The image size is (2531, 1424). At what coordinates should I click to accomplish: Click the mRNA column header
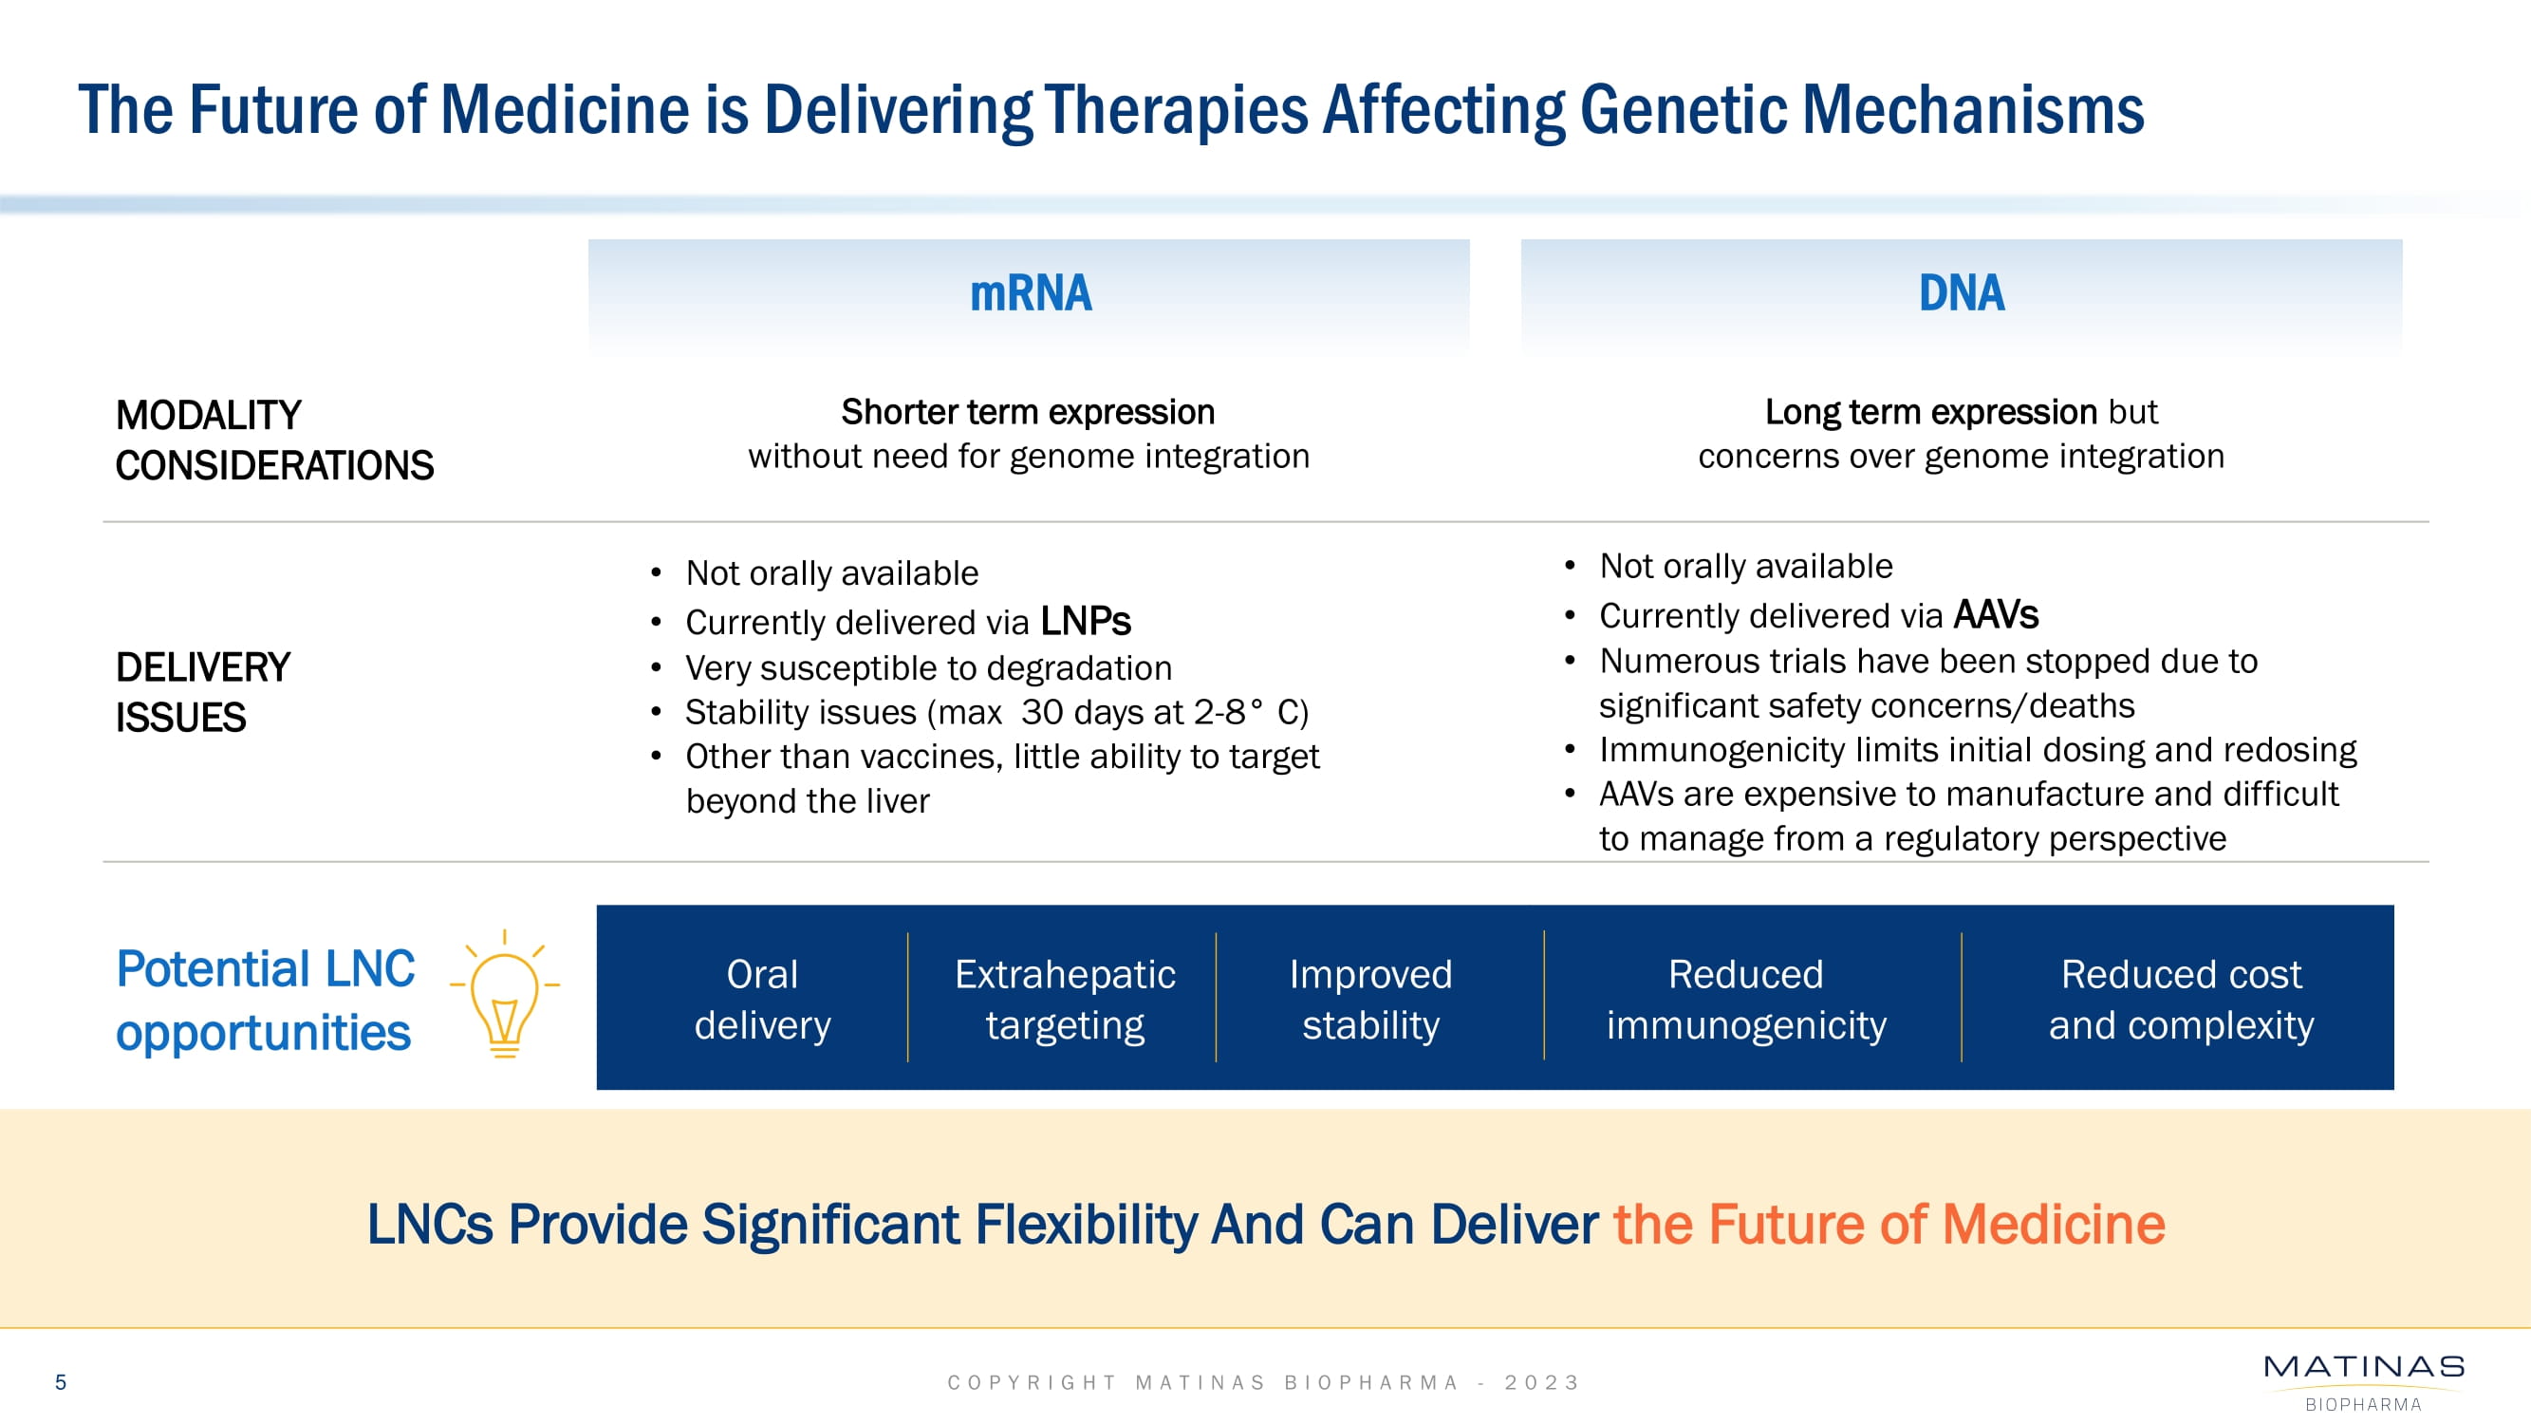[1030, 292]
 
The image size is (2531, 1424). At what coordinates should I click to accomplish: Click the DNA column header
[1962, 292]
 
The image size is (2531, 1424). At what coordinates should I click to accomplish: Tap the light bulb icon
[504, 995]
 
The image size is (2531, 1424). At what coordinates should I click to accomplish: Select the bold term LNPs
[1085, 621]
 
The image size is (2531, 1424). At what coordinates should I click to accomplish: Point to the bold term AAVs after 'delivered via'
[1996, 614]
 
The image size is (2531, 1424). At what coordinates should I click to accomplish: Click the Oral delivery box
[762, 999]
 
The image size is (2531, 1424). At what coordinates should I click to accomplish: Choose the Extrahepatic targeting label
[1065, 999]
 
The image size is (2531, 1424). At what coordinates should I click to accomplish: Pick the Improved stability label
[1370, 999]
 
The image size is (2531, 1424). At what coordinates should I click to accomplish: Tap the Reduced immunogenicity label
[1746, 999]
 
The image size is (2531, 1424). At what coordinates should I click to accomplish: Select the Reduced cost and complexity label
[2180, 999]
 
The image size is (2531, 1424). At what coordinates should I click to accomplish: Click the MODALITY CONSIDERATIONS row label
[274, 440]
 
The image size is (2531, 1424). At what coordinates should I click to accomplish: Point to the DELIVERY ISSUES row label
[202, 692]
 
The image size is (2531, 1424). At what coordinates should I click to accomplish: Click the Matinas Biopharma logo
[2363, 1379]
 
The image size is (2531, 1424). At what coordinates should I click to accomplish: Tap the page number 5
[61, 1381]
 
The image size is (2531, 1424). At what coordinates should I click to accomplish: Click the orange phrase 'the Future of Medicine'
[1889, 1225]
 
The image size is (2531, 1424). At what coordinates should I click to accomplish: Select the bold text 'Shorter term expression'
[1028, 412]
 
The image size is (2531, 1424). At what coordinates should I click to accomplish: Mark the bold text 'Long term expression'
[1930, 412]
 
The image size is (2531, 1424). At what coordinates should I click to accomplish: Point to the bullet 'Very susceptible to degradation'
[928, 668]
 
